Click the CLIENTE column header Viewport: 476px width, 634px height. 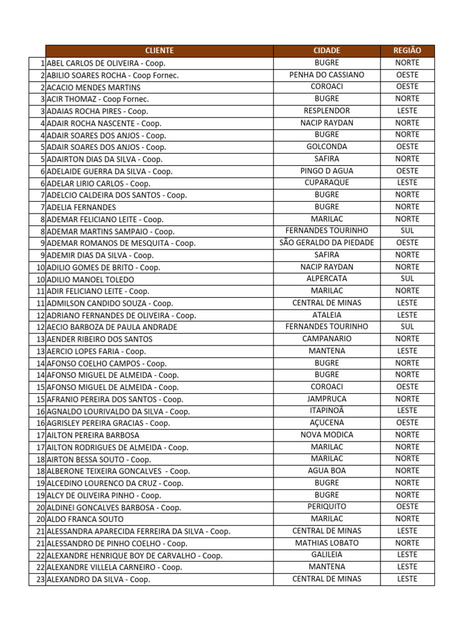159,51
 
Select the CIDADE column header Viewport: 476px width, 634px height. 327,51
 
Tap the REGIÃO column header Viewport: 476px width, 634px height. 407,51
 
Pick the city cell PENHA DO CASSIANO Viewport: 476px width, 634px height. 327,75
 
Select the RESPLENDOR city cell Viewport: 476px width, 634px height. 327,111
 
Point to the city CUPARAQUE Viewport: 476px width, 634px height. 327,183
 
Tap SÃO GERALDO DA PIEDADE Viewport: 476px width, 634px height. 327,243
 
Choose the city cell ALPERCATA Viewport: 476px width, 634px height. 327,279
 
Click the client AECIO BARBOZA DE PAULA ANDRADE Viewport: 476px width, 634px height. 112,328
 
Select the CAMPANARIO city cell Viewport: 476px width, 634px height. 327,339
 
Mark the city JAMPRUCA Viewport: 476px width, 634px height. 327,399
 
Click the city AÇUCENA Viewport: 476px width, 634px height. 327,423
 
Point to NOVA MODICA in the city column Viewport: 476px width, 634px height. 327,435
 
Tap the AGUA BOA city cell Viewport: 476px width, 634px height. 327,471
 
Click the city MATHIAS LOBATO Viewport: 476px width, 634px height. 327,543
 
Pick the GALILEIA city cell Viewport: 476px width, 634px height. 327,555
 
